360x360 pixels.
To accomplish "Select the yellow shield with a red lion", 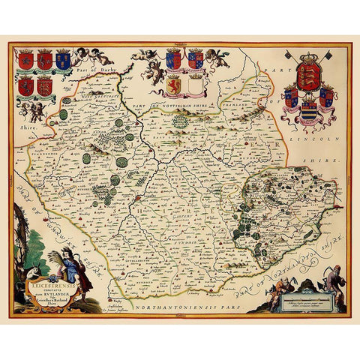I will click(173, 84).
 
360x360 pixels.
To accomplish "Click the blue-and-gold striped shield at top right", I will click(307, 111).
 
